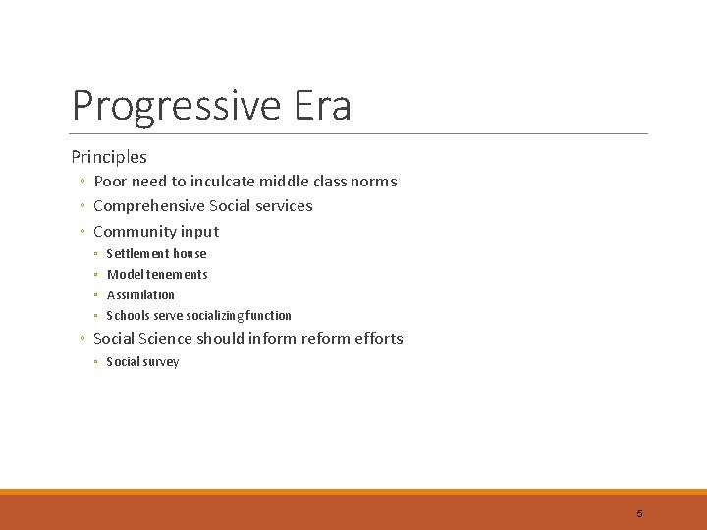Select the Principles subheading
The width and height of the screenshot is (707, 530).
(109, 156)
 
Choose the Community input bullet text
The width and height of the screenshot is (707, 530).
(156, 232)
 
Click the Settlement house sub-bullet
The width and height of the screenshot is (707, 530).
(156, 254)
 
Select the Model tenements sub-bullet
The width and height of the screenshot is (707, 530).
(157, 275)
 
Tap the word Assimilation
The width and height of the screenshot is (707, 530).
(140, 295)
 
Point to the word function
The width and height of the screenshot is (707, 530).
(268, 316)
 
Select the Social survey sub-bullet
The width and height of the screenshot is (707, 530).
(142, 362)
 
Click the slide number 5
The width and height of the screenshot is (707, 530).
(639, 513)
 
